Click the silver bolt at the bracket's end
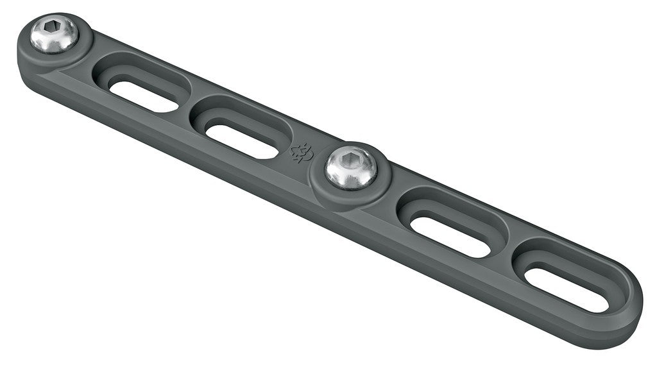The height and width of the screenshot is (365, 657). (x=54, y=34)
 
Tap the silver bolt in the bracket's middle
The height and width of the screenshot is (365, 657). (x=350, y=167)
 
